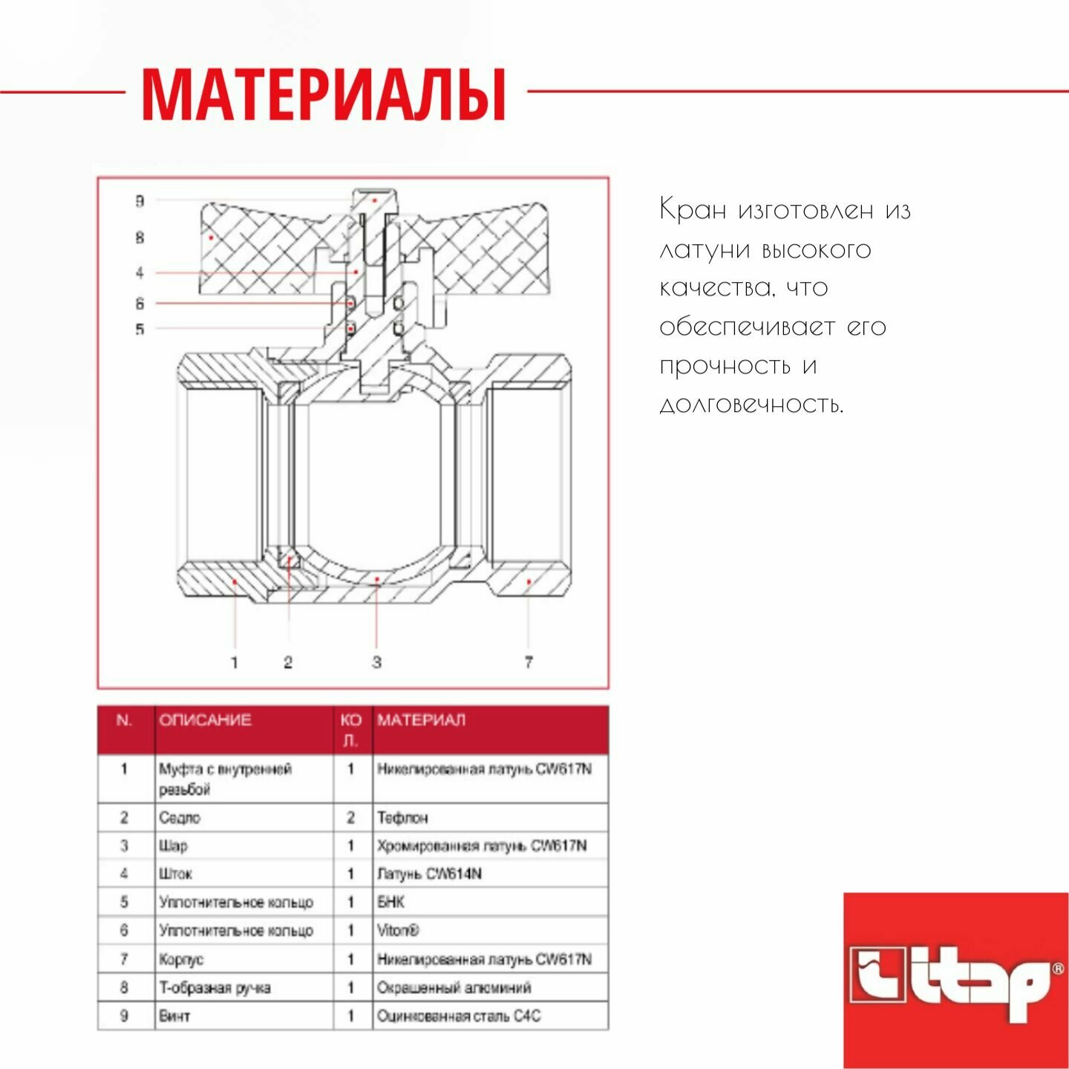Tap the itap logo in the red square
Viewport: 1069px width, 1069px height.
click(x=955, y=980)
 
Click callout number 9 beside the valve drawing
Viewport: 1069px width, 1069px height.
click(x=140, y=201)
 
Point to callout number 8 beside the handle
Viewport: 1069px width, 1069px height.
click(x=140, y=238)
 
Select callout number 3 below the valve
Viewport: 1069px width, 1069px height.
click(x=376, y=661)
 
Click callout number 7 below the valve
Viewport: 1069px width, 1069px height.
click(x=529, y=661)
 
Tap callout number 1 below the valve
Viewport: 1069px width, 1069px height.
click(x=235, y=661)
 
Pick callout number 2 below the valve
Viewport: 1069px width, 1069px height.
click(x=288, y=661)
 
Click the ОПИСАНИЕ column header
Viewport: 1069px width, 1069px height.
click(x=206, y=719)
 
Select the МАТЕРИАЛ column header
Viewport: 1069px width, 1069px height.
click(x=421, y=719)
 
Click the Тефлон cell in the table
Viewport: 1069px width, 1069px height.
click(x=402, y=817)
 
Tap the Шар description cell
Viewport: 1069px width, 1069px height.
click(x=173, y=846)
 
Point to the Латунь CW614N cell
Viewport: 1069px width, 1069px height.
click(x=429, y=874)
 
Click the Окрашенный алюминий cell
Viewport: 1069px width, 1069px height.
click(x=454, y=987)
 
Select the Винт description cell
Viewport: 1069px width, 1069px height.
click(x=174, y=1016)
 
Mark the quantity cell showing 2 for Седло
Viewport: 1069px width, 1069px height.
click(x=351, y=817)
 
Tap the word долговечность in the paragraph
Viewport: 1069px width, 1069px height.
click(x=751, y=405)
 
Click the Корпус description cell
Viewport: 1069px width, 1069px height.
click(x=181, y=959)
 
